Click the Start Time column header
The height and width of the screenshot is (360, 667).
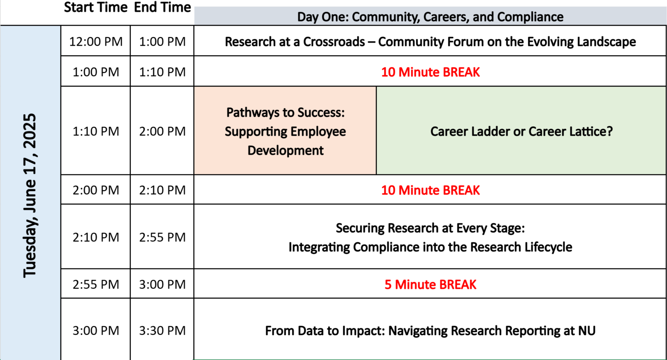[96, 7]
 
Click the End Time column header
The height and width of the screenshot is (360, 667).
[162, 7]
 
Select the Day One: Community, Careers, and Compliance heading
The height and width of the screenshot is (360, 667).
[430, 17]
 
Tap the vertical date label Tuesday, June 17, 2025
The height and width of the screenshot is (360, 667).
[30, 195]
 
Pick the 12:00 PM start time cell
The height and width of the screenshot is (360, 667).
[96, 42]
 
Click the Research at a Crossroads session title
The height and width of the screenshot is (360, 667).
[430, 42]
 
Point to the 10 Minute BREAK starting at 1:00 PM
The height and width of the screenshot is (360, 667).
[430, 72]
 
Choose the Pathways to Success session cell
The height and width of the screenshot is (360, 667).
[285, 131]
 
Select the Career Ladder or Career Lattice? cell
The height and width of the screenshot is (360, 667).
[521, 131]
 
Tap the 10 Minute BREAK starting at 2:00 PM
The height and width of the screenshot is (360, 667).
[430, 190]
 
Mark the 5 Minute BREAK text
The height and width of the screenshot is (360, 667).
[430, 284]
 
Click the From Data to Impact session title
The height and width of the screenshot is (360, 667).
[430, 331]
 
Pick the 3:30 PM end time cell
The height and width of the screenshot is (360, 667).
[162, 331]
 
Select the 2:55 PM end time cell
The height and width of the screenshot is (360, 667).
[162, 237]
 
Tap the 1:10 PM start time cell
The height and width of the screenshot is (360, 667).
[96, 131]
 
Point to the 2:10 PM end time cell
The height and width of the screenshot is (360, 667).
[162, 190]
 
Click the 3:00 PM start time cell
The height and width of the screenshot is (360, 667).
[96, 331]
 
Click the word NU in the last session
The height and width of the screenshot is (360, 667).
[586, 331]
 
